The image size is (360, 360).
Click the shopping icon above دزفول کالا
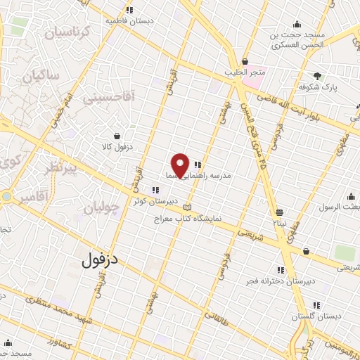116,136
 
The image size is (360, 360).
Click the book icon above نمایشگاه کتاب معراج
186,207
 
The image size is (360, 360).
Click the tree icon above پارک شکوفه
317,75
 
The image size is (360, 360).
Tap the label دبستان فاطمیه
129,21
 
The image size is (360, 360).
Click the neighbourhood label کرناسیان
67,32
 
